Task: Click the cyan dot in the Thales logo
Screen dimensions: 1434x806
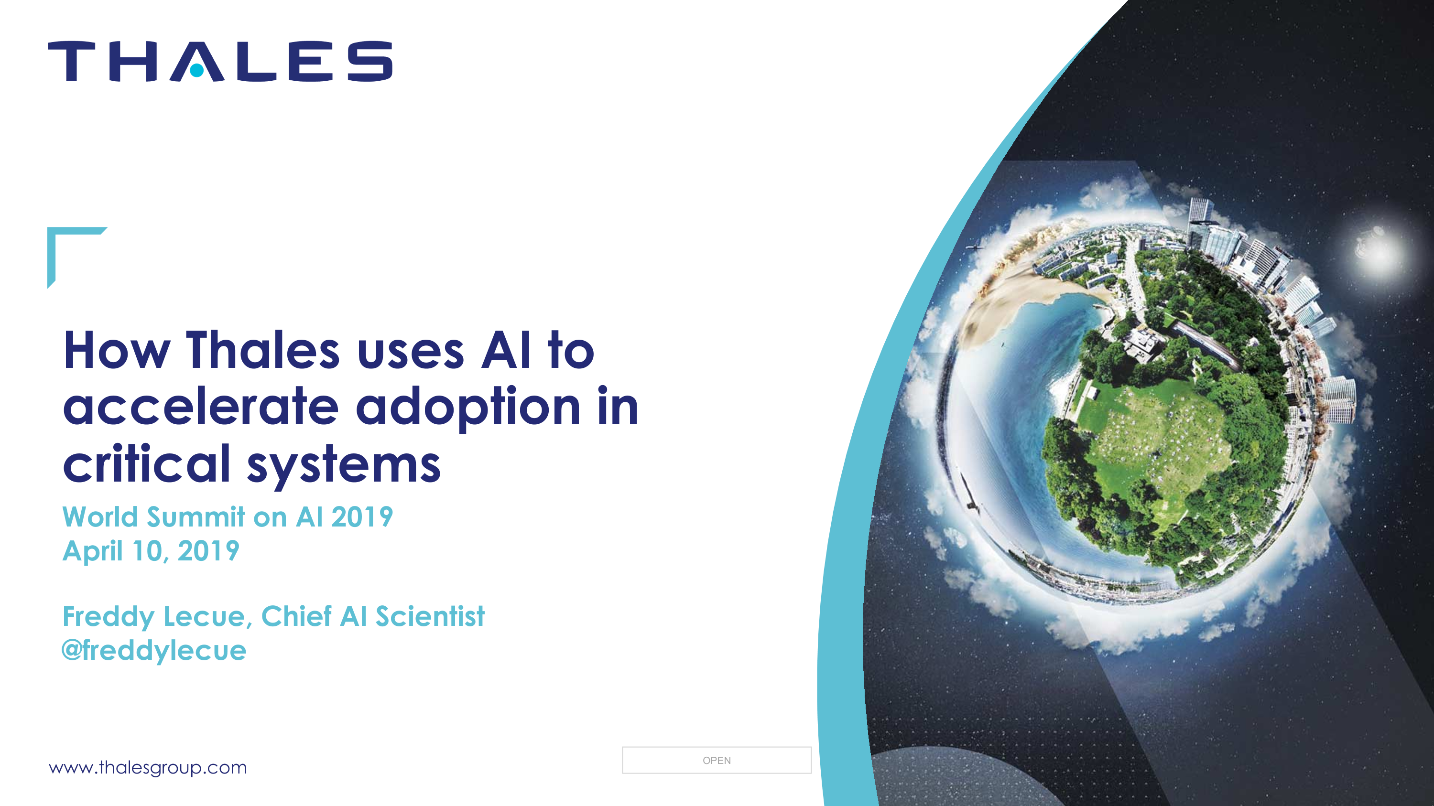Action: (196, 70)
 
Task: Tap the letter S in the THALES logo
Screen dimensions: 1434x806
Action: (370, 61)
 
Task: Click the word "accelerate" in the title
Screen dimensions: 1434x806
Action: (201, 407)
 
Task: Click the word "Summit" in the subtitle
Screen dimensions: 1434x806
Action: (196, 517)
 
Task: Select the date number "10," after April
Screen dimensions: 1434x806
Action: (150, 551)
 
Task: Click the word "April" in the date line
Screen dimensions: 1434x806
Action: (92, 551)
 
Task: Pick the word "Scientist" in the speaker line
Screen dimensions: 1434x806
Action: (430, 616)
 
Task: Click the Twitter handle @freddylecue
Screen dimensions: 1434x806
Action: (153, 650)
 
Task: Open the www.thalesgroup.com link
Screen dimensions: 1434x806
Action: (148, 768)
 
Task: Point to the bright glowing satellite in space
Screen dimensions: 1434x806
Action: (1376, 247)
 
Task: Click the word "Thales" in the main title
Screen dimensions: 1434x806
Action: (263, 350)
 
